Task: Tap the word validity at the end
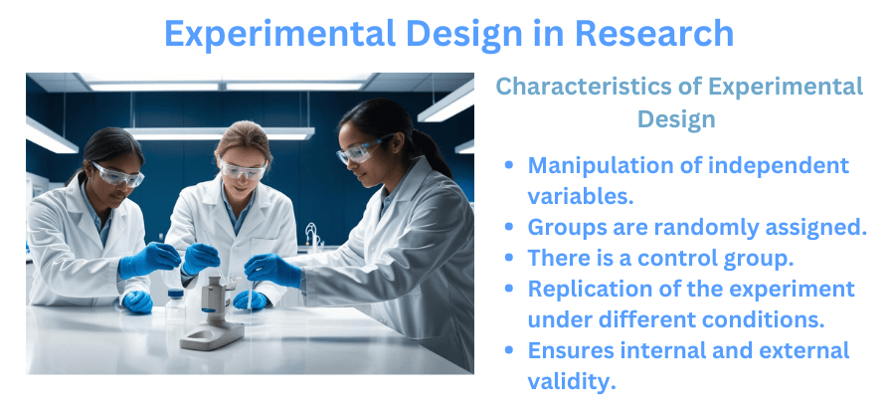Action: [571, 381]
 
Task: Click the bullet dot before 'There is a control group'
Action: [510, 259]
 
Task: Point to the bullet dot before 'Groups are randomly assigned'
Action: [510, 228]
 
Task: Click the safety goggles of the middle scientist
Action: [242, 170]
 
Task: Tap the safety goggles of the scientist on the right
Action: [357, 151]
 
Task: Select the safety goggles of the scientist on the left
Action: [118, 174]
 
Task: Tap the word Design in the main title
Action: [463, 33]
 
